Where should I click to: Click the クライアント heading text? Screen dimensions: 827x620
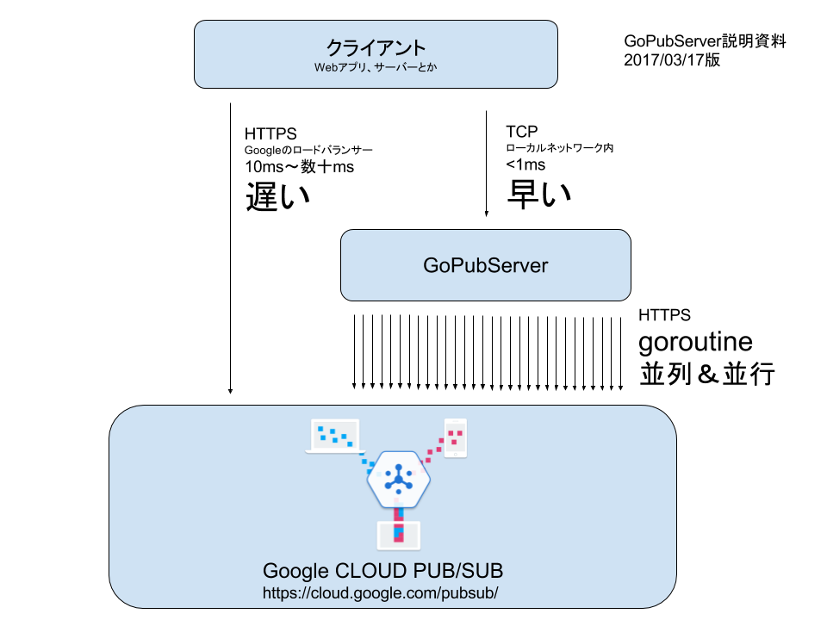(x=376, y=48)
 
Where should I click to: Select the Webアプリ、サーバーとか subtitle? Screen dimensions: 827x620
(x=376, y=67)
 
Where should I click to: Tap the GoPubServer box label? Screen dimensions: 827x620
(x=485, y=265)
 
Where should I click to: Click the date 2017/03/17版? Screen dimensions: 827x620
(x=672, y=60)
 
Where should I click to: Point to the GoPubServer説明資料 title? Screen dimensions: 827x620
(x=705, y=41)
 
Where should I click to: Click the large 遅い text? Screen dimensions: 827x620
(x=277, y=196)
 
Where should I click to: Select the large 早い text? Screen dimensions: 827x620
(x=538, y=194)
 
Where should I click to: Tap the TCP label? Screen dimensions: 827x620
(x=522, y=131)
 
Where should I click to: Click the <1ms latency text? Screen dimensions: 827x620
(x=525, y=164)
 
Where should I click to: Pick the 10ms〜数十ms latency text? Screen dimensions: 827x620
(x=299, y=166)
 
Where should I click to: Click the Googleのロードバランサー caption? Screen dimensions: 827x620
(x=308, y=150)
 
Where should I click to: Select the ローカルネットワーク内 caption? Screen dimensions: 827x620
(x=559, y=148)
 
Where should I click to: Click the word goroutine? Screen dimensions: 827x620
(x=695, y=343)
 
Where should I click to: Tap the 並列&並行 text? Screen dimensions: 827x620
(x=706, y=373)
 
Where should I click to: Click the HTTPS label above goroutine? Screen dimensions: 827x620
(x=664, y=315)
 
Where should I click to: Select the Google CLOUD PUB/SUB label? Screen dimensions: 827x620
(x=382, y=571)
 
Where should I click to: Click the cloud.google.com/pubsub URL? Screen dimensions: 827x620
(x=380, y=593)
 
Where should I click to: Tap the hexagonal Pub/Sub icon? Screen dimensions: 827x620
(x=399, y=480)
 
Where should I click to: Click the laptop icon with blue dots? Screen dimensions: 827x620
(x=335, y=437)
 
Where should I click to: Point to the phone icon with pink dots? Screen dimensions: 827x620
(x=455, y=438)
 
